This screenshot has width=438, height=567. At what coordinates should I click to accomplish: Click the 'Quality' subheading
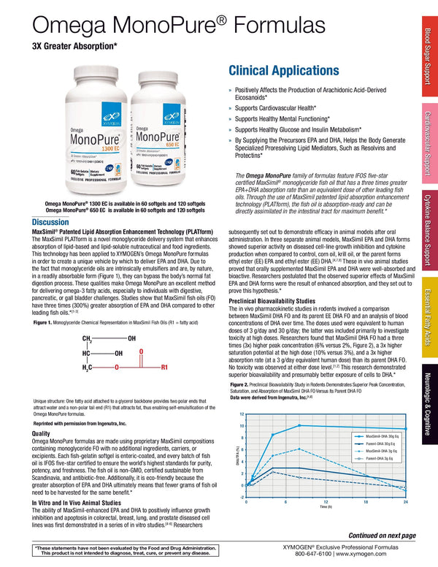[41, 433]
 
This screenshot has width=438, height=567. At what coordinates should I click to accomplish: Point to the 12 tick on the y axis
[242, 414]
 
